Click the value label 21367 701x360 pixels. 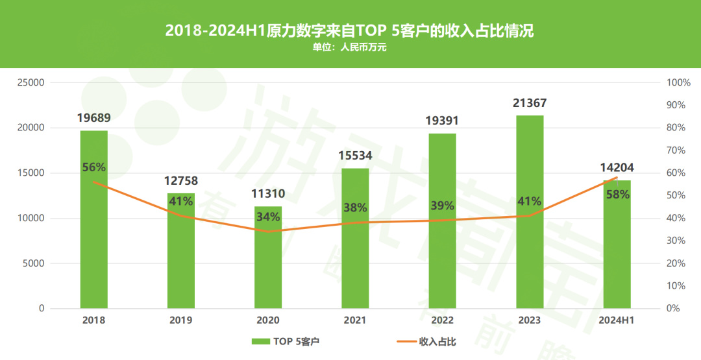click(530, 103)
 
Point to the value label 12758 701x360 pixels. click(182, 181)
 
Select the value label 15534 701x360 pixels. click(356, 156)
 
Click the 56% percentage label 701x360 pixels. click(94, 167)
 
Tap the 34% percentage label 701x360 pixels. click(268, 217)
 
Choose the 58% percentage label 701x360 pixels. click(617, 194)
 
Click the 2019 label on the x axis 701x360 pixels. click(181, 320)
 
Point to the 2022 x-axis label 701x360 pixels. click(443, 320)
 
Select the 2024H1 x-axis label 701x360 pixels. click(617, 320)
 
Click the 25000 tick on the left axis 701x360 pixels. click(31, 83)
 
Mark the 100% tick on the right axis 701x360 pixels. click(679, 83)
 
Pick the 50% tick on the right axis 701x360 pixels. click(676, 196)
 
